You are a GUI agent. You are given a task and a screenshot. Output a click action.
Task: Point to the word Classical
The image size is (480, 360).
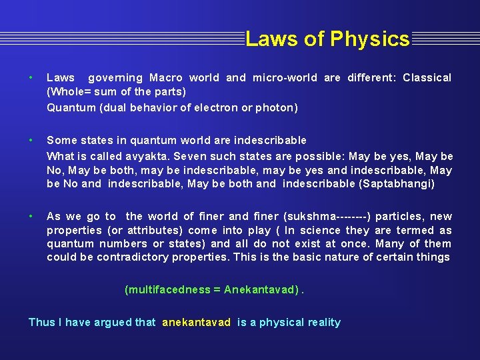[x=427, y=78]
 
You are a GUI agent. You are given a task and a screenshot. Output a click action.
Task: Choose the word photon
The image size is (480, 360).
[x=279, y=107]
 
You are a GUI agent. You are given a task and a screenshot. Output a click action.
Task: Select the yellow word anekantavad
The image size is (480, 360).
[x=196, y=323]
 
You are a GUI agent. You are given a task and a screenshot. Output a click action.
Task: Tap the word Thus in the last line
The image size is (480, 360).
[x=41, y=323]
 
